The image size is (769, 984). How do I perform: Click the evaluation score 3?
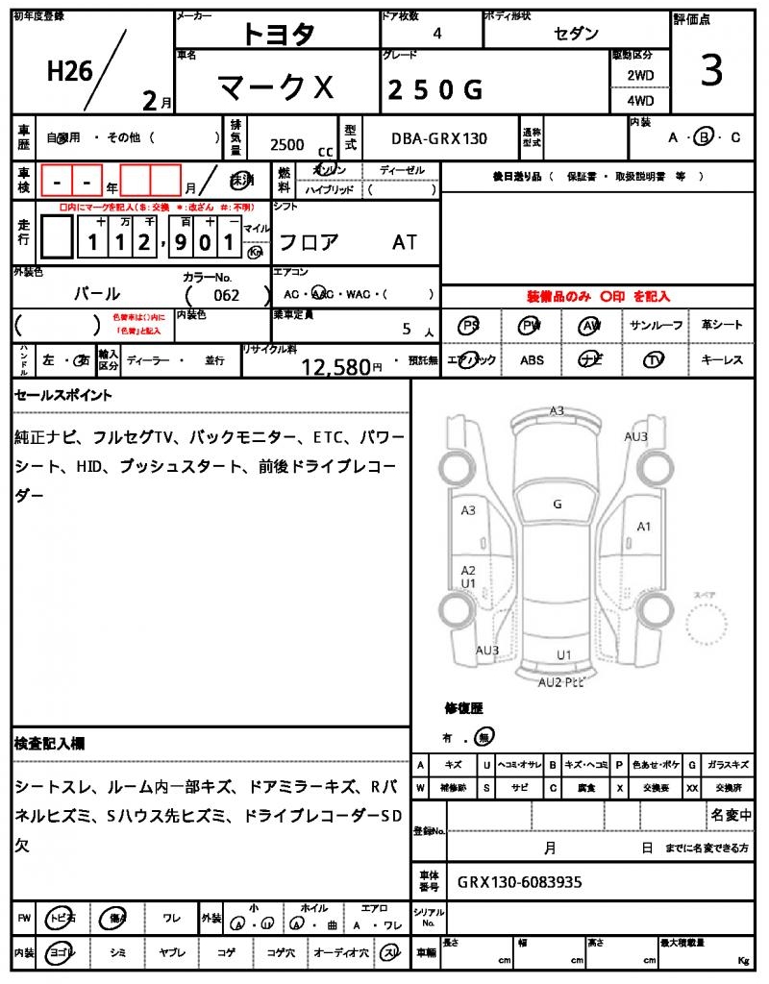tap(711, 71)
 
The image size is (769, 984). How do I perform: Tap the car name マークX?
tap(276, 88)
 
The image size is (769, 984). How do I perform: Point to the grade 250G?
tap(434, 89)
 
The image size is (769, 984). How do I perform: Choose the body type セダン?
tap(576, 34)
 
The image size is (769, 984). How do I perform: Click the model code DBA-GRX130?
tap(438, 138)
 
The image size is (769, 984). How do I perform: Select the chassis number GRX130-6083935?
tap(519, 881)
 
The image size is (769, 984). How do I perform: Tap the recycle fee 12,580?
tap(335, 366)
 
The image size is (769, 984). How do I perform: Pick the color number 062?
tap(227, 295)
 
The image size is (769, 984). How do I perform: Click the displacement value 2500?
tap(287, 145)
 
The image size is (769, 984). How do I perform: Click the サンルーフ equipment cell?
tap(657, 326)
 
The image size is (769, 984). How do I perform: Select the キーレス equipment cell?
tap(722, 360)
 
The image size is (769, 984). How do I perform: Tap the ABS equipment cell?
tap(532, 360)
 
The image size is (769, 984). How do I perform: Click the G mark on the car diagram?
tap(557, 504)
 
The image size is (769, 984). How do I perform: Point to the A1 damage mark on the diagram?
tap(644, 526)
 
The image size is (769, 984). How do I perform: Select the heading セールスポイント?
tap(64, 394)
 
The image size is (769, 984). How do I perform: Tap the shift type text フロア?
tap(309, 242)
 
